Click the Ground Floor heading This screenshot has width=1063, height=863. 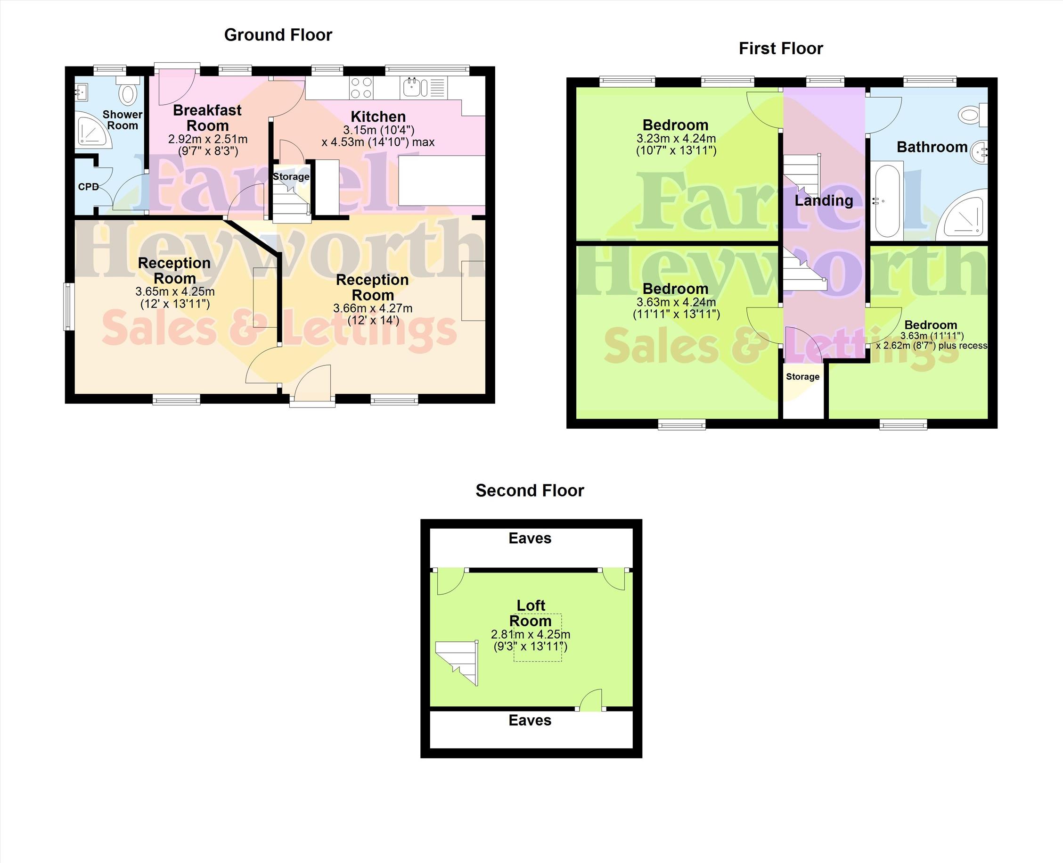[x=278, y=35]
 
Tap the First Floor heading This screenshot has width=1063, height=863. [x=781, y=49]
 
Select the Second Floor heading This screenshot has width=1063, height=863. [x=530, y=491]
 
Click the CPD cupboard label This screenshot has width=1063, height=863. [x=89, y=187]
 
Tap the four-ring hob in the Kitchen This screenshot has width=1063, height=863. [x=361, y=88]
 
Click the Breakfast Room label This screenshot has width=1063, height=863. [x=207, y=118]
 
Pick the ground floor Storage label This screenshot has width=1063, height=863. [x=291, y=176]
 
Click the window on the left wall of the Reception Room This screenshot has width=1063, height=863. [x=68, y=306]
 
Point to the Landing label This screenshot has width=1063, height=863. [x=824, y=201]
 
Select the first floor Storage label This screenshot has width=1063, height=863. [x=803, y=377]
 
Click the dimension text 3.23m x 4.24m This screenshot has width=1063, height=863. [x=676, y=139]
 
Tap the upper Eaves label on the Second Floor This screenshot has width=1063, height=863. [x=530, y=539]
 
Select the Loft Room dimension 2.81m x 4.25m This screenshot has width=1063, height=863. [x=531, y=635]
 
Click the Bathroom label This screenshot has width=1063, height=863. [x=932, y=147]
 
